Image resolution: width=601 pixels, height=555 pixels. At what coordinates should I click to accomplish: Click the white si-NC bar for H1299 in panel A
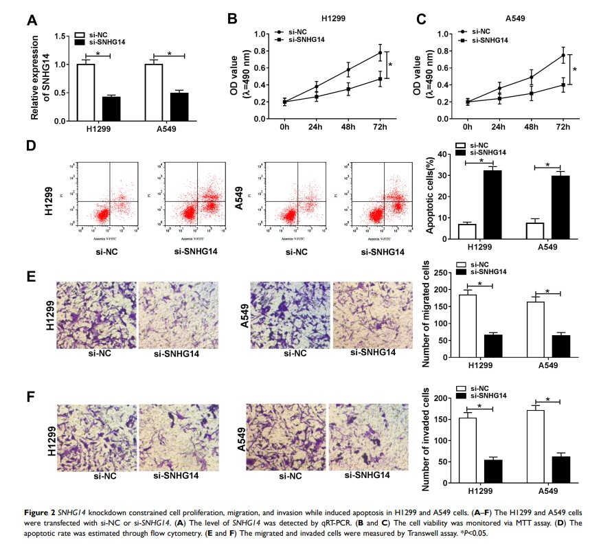click(x=86, y=92)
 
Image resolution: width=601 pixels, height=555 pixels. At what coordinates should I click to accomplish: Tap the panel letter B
click(x=233, y=21)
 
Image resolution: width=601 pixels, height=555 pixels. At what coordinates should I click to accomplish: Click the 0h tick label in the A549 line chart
click(x=468, y=128)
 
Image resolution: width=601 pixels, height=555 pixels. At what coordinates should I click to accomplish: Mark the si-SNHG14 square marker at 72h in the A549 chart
click(x=563, y=85)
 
